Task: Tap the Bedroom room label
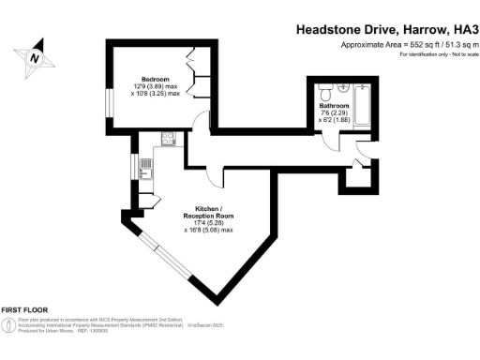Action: tap(155, 79)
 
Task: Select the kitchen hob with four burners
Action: tap(168, 139)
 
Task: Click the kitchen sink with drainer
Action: tap(144, 169)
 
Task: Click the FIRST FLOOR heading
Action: tap(24, 309)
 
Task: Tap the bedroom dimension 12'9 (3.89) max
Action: tap(156, 87)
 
